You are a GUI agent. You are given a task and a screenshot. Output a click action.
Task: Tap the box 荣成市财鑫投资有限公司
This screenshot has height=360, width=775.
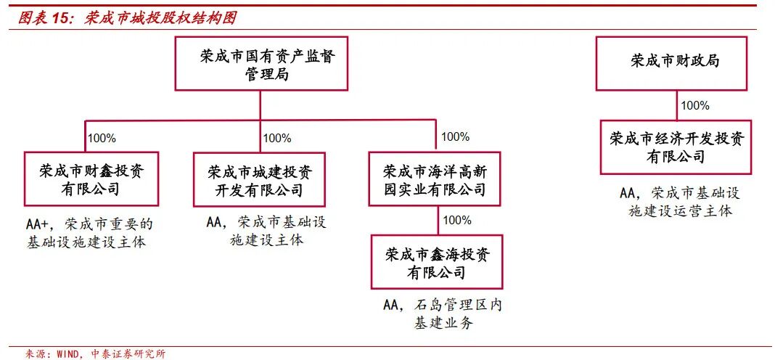pos(91,179)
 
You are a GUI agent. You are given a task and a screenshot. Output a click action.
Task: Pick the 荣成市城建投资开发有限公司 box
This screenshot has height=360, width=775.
pos(259,179)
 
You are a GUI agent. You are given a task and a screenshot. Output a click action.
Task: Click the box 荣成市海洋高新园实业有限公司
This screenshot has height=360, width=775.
pos(435,179)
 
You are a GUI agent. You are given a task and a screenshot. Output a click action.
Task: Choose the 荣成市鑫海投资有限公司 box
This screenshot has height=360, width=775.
pos(437,262)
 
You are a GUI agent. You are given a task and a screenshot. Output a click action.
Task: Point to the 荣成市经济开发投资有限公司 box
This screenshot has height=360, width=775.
pos(676,147)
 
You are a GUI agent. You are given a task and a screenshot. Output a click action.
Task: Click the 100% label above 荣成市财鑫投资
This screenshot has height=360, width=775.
pos(102,138)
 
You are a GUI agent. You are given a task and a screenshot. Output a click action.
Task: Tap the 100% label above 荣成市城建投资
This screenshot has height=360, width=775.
pos(276,138)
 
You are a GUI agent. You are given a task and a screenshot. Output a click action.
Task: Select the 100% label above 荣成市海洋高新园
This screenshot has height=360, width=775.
pos(455,136)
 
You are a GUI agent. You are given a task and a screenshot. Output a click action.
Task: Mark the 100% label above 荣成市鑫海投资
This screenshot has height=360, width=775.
pos(456,220)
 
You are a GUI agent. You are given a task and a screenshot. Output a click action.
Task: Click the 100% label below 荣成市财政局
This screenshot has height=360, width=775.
pos(694,105)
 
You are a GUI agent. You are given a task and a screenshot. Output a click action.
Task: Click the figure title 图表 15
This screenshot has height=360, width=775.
pos(43,18)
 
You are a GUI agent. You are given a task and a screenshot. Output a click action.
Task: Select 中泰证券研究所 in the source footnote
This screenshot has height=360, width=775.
pos(128,354)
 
